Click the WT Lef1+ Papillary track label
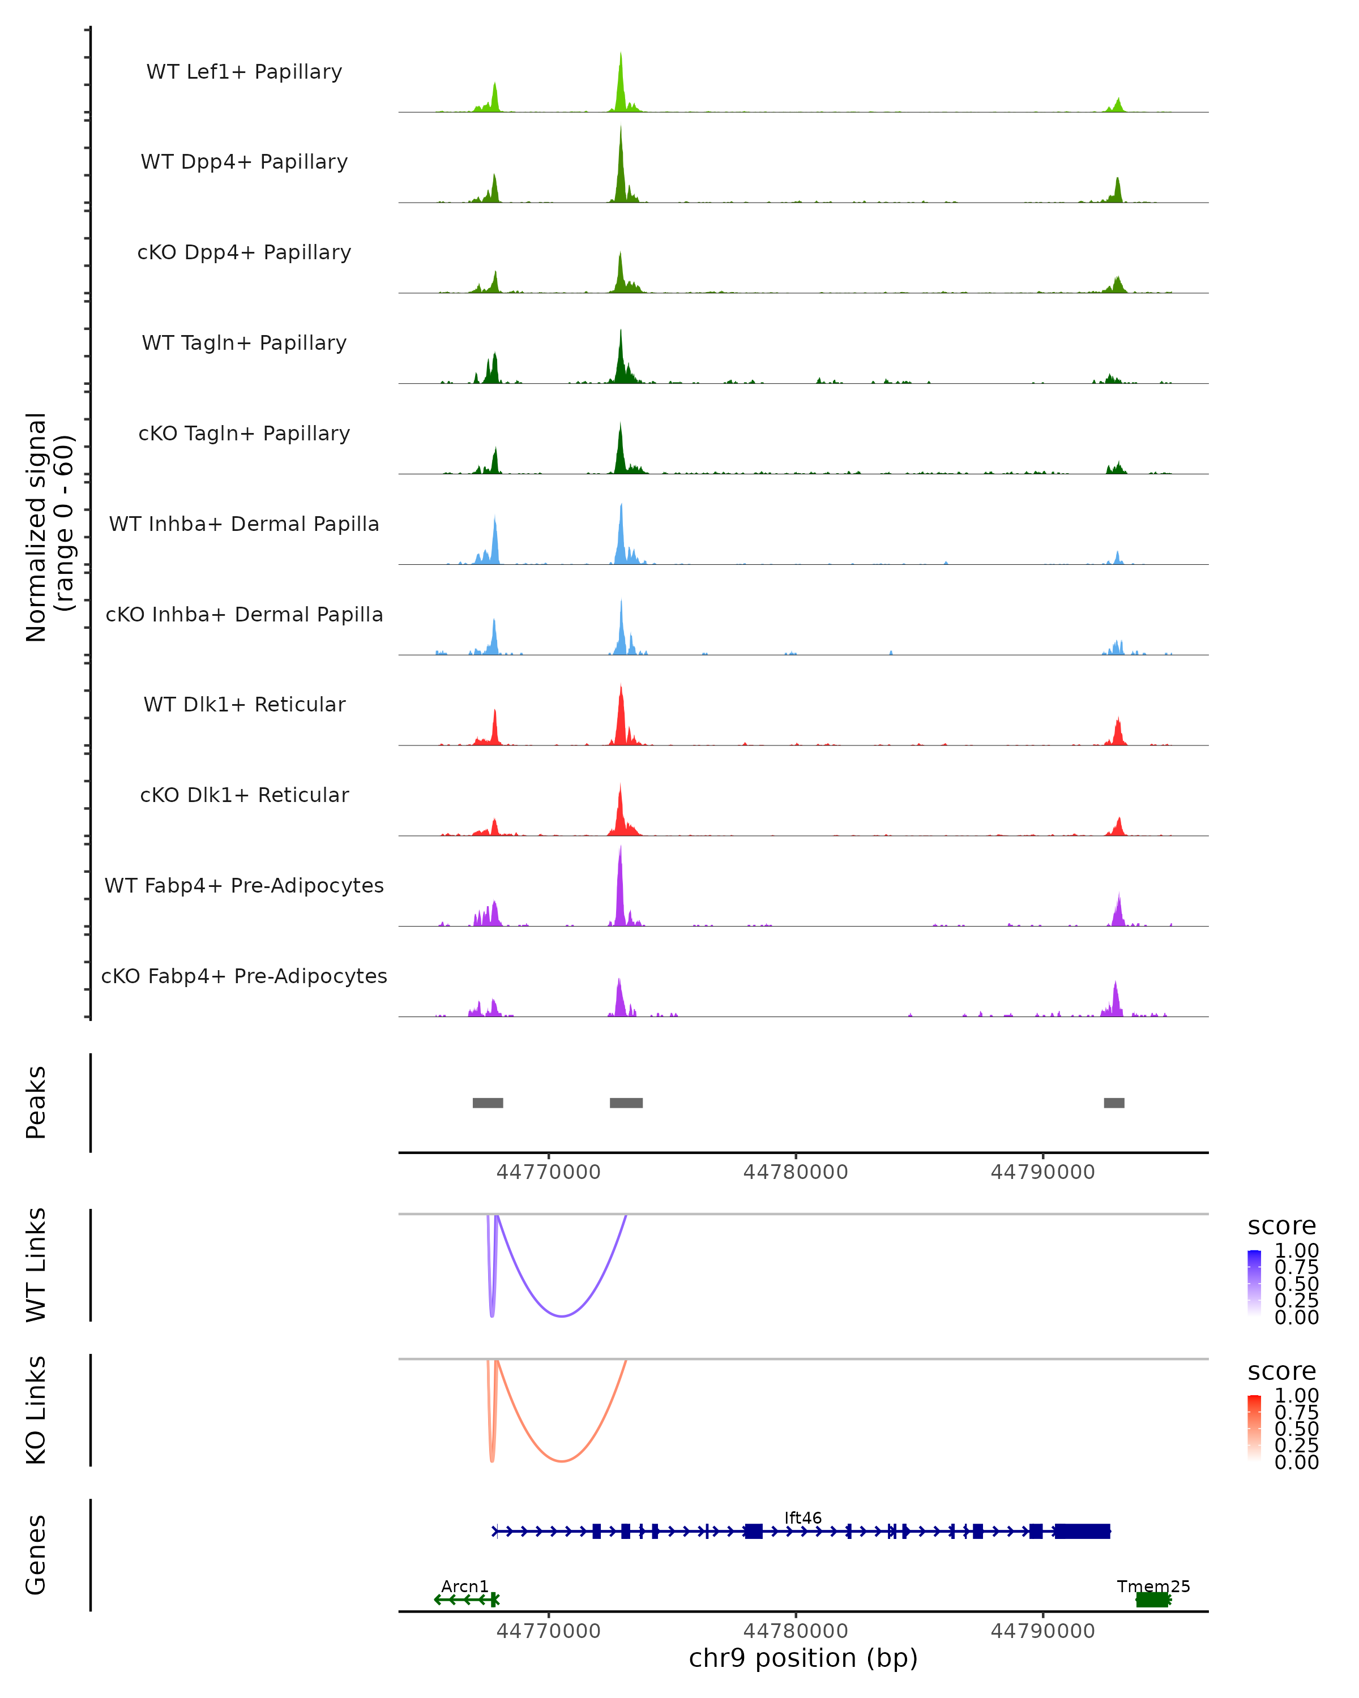[x=244, y=72]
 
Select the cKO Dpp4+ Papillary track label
[x=244, y=253]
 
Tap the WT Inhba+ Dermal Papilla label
[x=244, y=525]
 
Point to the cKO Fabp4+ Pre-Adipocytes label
[x=244, y=976]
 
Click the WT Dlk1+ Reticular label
[x=244, y=705]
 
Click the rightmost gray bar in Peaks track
[x=1114, y=1103]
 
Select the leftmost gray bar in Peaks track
[x=488, y=1103]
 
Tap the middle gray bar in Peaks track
[x=626, y=1103]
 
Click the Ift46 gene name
[x=803, y=1517]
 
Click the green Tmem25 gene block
[x=1152, y=1600]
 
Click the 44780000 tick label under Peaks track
[x=796, y=1172]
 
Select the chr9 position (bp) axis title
[x=803, y=1658]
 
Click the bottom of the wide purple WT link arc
[x=562, y=1316]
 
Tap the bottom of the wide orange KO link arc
[x=562, y=1461]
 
